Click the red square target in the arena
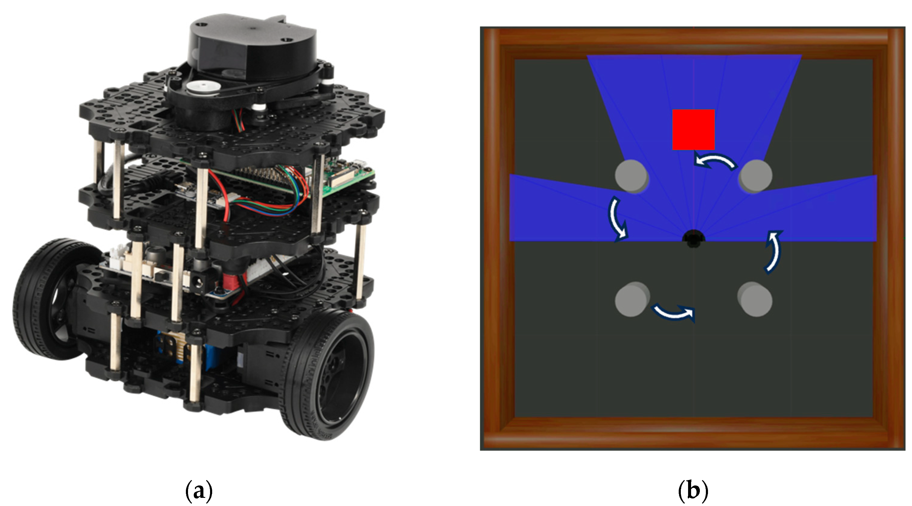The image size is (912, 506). [693, 129]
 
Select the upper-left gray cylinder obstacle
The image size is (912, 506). [632, 176]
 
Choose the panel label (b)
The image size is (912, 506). [693, 490]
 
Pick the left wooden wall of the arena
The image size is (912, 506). [496, 237]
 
